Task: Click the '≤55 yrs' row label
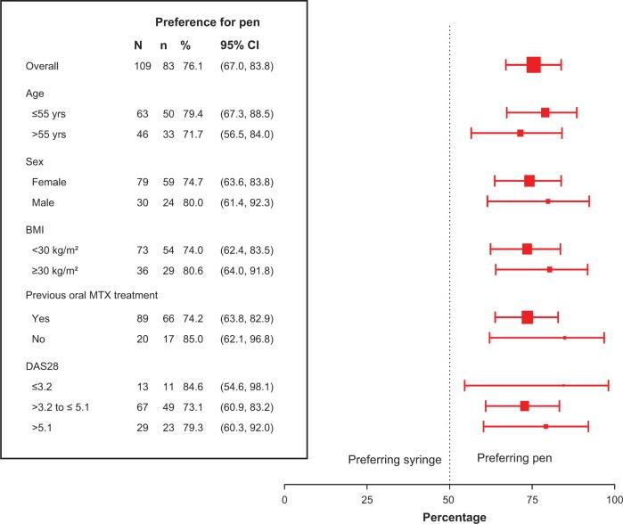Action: (51, 113)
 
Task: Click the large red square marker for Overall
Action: (533, 64)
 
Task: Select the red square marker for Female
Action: (529, 181)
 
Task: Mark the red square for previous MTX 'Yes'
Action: (528, 317)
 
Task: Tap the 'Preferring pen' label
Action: (514, 458)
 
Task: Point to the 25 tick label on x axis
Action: (366, 500)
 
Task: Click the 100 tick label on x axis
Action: (613, 500)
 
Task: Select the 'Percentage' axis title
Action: (449, 517)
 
